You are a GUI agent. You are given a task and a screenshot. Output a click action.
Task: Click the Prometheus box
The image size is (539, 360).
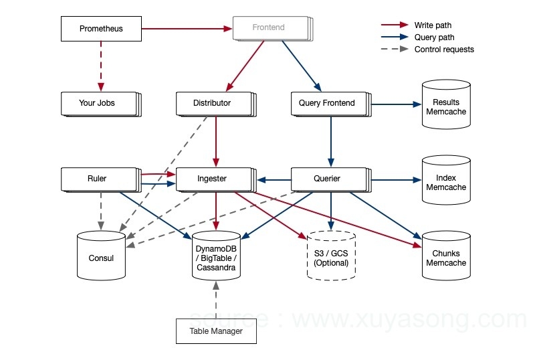click(x=101, y=29)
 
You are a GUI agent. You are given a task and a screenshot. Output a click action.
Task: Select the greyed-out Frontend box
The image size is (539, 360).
click(x=269, y=28)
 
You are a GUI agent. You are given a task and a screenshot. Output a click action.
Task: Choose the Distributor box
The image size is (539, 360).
click(x=213, y=103)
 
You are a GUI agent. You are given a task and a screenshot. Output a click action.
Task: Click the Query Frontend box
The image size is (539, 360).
click(x=328, y=103)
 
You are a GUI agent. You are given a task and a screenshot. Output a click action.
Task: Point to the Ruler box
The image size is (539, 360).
click(x=97, y=179)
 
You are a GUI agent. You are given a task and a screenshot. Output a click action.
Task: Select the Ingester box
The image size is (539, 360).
click(x=213, y=179)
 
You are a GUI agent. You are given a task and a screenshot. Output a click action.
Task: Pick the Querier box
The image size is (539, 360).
click(x=328, y=179)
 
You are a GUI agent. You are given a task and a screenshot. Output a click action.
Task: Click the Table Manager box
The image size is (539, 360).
click(x=216, y=331)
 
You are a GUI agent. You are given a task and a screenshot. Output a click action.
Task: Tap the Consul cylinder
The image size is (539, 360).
click(x=101, y=256)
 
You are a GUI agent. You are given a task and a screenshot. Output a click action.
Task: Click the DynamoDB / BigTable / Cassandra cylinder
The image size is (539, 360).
click(x=216, y=257)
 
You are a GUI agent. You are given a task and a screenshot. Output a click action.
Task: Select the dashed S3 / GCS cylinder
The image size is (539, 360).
click(x=331, y=257)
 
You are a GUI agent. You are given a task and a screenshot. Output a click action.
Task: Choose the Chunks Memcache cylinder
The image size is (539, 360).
click(x=446, y=257)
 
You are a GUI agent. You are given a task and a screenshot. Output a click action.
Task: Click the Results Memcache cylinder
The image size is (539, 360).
click(x=446, y=106)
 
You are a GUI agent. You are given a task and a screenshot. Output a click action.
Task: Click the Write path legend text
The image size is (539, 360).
click(x=433, y=25)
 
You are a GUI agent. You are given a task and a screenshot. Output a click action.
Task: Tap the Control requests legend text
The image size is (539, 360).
click(x=444, y=50)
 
